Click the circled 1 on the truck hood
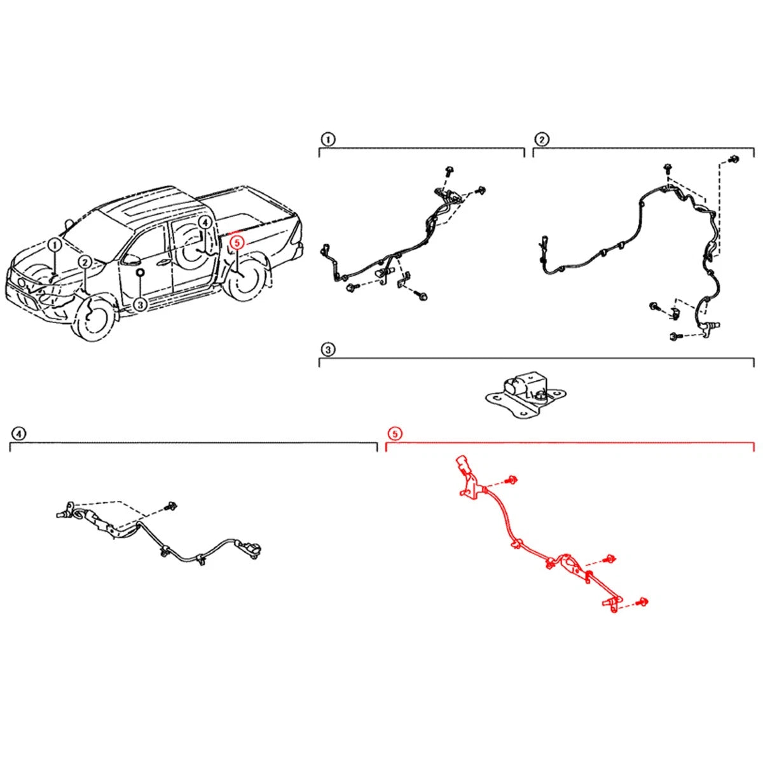click(x=55, y=245)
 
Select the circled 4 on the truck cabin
click(x=205, y=223)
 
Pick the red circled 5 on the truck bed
click(x=237, y=242)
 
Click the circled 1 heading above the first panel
click(x=327, y=139)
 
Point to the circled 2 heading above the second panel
click(x=541, y=139)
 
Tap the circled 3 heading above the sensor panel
click(x=327, y=350)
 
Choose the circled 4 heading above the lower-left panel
click(x=18, y=434)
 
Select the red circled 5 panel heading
click(x=395, y=434)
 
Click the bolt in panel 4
click(x=172, y=505)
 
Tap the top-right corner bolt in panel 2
click(x=735, y=159)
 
